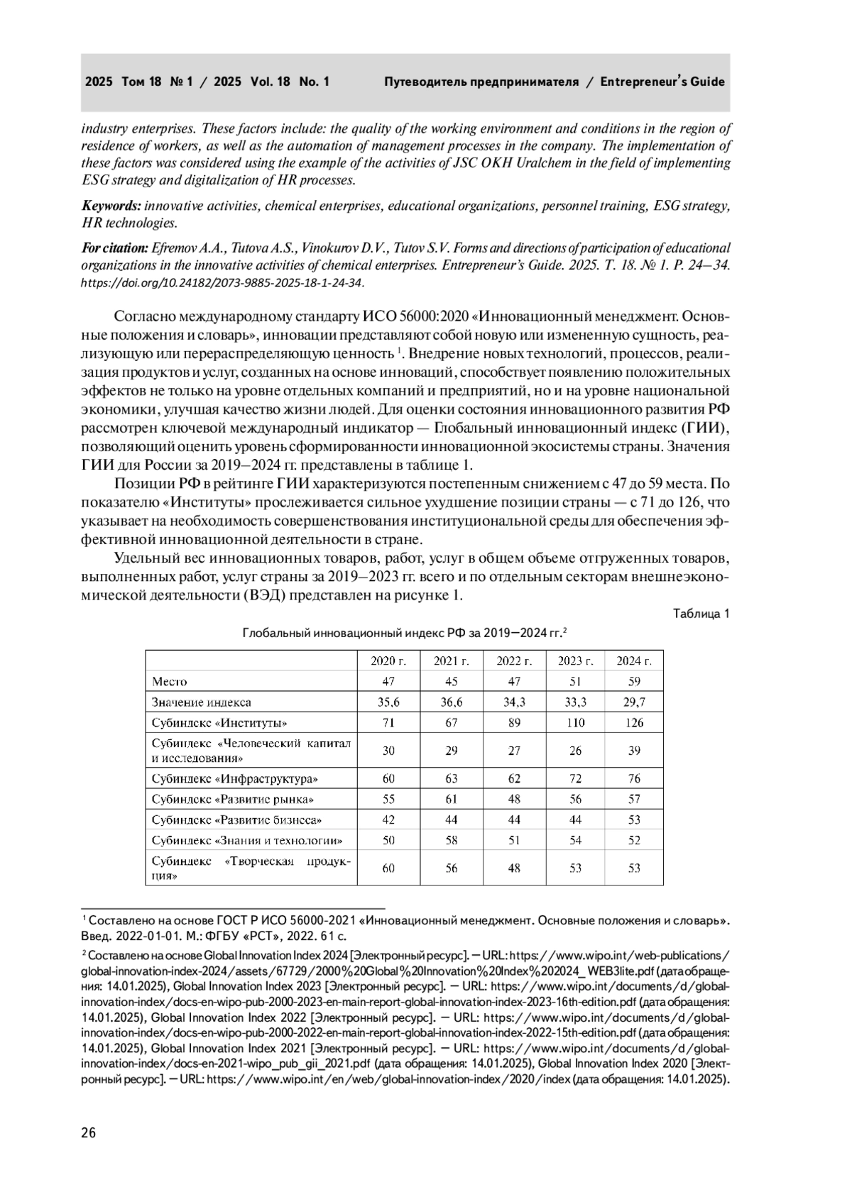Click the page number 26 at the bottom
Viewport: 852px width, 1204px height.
pos(89,1132)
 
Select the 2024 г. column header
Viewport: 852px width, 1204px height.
pos(634,661)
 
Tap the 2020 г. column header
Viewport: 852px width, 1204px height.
pos(388,661)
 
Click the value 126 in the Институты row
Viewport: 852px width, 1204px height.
pos(634,722)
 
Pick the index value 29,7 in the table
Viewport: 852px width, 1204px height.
pos(634,702)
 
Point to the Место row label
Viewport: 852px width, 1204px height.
pos(170,681)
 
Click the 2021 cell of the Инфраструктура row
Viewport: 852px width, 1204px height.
pos(452,778)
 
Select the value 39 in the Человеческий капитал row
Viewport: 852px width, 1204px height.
pos(634,751)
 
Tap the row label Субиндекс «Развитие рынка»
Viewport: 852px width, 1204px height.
pos(233,799)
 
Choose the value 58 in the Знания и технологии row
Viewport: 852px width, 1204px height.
pos(452,840)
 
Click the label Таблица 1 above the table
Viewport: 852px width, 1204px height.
pos(701,614)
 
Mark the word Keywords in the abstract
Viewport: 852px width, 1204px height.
pos(111,206)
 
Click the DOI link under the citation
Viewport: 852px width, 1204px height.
pos(222,282)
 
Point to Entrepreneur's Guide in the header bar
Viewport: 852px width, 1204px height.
pos(662,82)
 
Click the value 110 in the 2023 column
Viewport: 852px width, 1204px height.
pos(575,722)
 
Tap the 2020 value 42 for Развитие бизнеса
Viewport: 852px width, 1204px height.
pos(388,819)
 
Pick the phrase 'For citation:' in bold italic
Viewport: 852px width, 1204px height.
pos(114,248)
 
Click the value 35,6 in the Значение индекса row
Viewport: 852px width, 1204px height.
pos(388,702)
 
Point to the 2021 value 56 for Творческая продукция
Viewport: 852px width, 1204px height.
pos(452,868)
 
